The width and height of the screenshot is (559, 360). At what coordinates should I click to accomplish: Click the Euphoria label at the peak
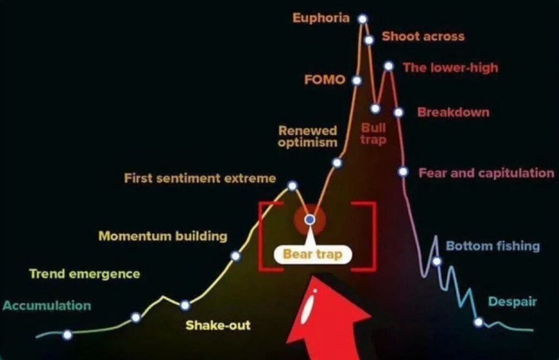click(x=321, y=18)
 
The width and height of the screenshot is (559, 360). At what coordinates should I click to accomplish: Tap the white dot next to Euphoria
click(x=362, y=19)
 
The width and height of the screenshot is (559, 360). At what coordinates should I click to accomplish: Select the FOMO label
click(x=325, y=80)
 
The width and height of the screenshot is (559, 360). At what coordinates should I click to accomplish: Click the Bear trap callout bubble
click(x=313, y=254)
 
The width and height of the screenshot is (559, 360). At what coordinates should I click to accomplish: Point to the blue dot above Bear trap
click(x=310, y=220)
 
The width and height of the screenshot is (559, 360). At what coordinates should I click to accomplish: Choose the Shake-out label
click(x=218, y=325)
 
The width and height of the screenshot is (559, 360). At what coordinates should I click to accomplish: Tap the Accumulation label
click(x=47, y=305)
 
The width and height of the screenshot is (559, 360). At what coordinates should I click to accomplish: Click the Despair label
click(x=512, y=302)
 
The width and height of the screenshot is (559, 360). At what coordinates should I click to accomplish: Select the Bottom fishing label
click(x=493, y=246)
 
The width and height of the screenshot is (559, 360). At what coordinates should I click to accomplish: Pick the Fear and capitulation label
click(x=486, y=173)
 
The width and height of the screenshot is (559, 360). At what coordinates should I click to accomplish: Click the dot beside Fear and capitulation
click(x=403, y=172)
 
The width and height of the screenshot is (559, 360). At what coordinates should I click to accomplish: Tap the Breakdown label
click(x=453, y=112)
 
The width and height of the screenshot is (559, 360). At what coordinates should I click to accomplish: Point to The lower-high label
click(x=450, y=68)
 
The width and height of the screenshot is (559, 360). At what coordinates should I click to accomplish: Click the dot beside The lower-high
click(x=389, y=66)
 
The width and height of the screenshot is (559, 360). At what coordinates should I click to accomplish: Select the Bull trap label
click(x=373, y=134)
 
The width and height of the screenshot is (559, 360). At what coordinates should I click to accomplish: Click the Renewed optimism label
click(x=307, y=136)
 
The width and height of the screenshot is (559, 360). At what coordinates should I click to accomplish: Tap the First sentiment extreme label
click(x=200, y=178)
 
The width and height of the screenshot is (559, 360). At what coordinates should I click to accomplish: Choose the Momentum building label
click(x=163, y=236)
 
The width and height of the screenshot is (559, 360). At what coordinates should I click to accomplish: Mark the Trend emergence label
click(x=85, y=274)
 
